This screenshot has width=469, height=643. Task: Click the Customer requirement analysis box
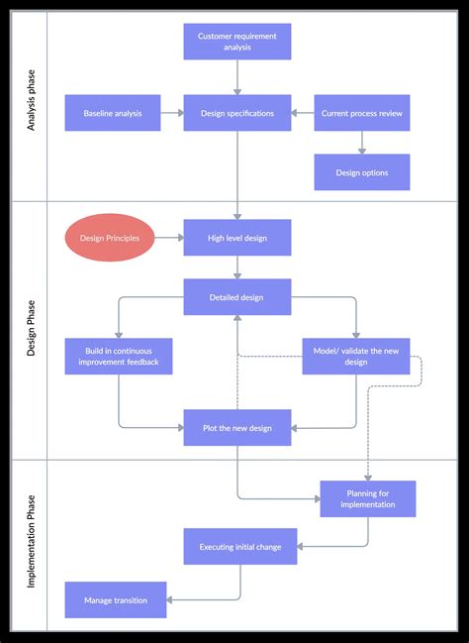pos(237,42)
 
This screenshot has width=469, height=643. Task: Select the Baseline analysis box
pos(113,113)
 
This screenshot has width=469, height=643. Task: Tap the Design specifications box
pos(237,113)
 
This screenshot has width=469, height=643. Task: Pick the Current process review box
pos(362,113)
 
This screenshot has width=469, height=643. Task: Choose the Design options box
pos(362,172)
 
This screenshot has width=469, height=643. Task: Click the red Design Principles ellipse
pos(110,238)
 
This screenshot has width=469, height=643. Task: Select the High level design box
pos(237,238)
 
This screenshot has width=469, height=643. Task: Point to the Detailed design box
pos(237,297)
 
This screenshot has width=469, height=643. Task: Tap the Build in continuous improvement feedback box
pos(119,357)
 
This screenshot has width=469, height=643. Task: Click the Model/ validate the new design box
pos(356,357)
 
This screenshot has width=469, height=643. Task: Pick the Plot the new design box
pos(237,428)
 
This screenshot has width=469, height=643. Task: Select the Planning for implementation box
pos(368,498)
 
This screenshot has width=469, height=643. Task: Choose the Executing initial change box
pos(240,546)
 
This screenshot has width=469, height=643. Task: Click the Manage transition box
pos(116,599)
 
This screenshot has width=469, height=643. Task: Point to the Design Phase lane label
pos(30,330)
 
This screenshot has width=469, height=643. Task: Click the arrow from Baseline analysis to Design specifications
pos(171,113)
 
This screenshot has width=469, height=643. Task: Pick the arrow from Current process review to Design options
pos(362,143)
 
